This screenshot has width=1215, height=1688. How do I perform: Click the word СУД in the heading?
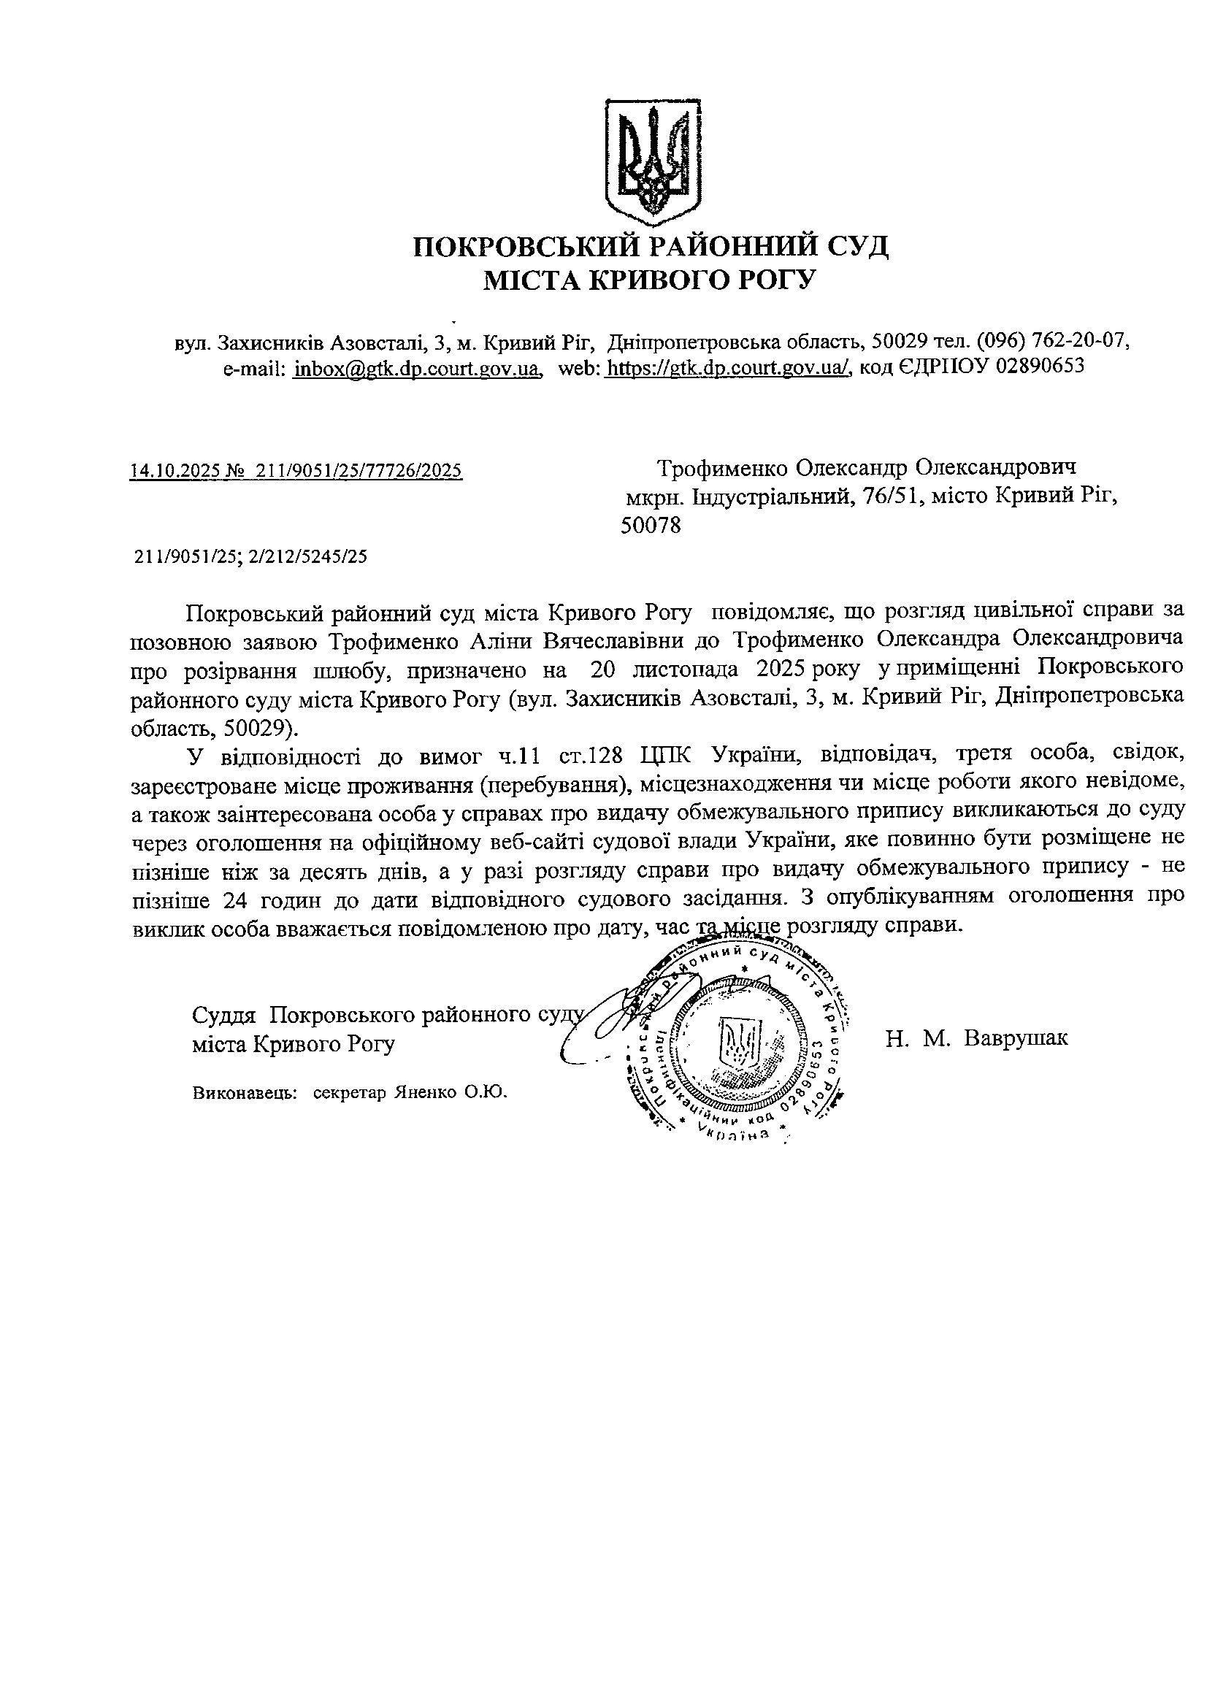(856, 245)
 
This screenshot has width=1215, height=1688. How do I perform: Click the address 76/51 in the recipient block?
(889, 496)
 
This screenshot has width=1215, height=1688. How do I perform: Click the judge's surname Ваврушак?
(1016, 1037)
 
